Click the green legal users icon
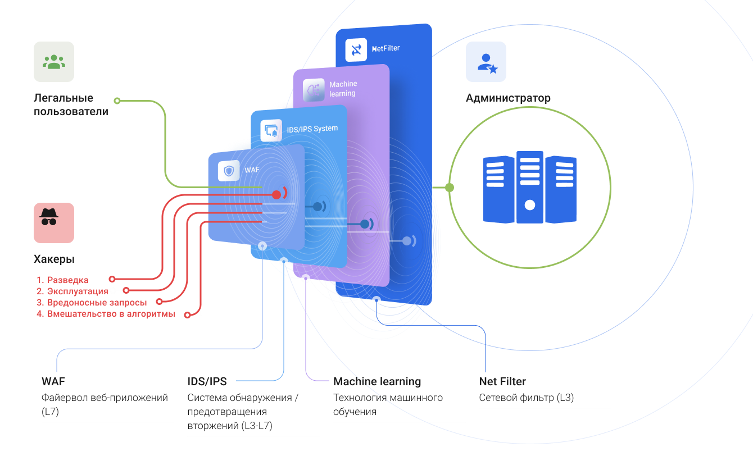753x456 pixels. (x=54, y=62)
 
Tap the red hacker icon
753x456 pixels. (x=54, y=222)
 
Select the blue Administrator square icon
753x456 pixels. (x=486, y=62)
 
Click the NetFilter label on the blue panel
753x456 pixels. (x=386, y=49)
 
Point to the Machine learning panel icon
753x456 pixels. (x=314, y=90)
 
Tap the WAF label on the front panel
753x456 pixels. (x=248, y=168)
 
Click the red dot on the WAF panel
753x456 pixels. (x=276, y=195)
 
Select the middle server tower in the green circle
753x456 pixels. (x=529, y=187)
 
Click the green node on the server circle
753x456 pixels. (x=450, y=188)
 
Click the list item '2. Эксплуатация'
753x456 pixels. (x=72, y=291)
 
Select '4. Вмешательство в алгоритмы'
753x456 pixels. (x=106, y=314)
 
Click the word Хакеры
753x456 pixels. (x=54, y=259)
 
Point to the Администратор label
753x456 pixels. (x=508, y=98)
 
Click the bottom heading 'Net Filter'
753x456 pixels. (x=502, y=382)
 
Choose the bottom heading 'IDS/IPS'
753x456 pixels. (x=207, y=382)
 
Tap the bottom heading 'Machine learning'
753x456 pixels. (x=377, y=382)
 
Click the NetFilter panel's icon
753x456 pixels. (x=356, y=49)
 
